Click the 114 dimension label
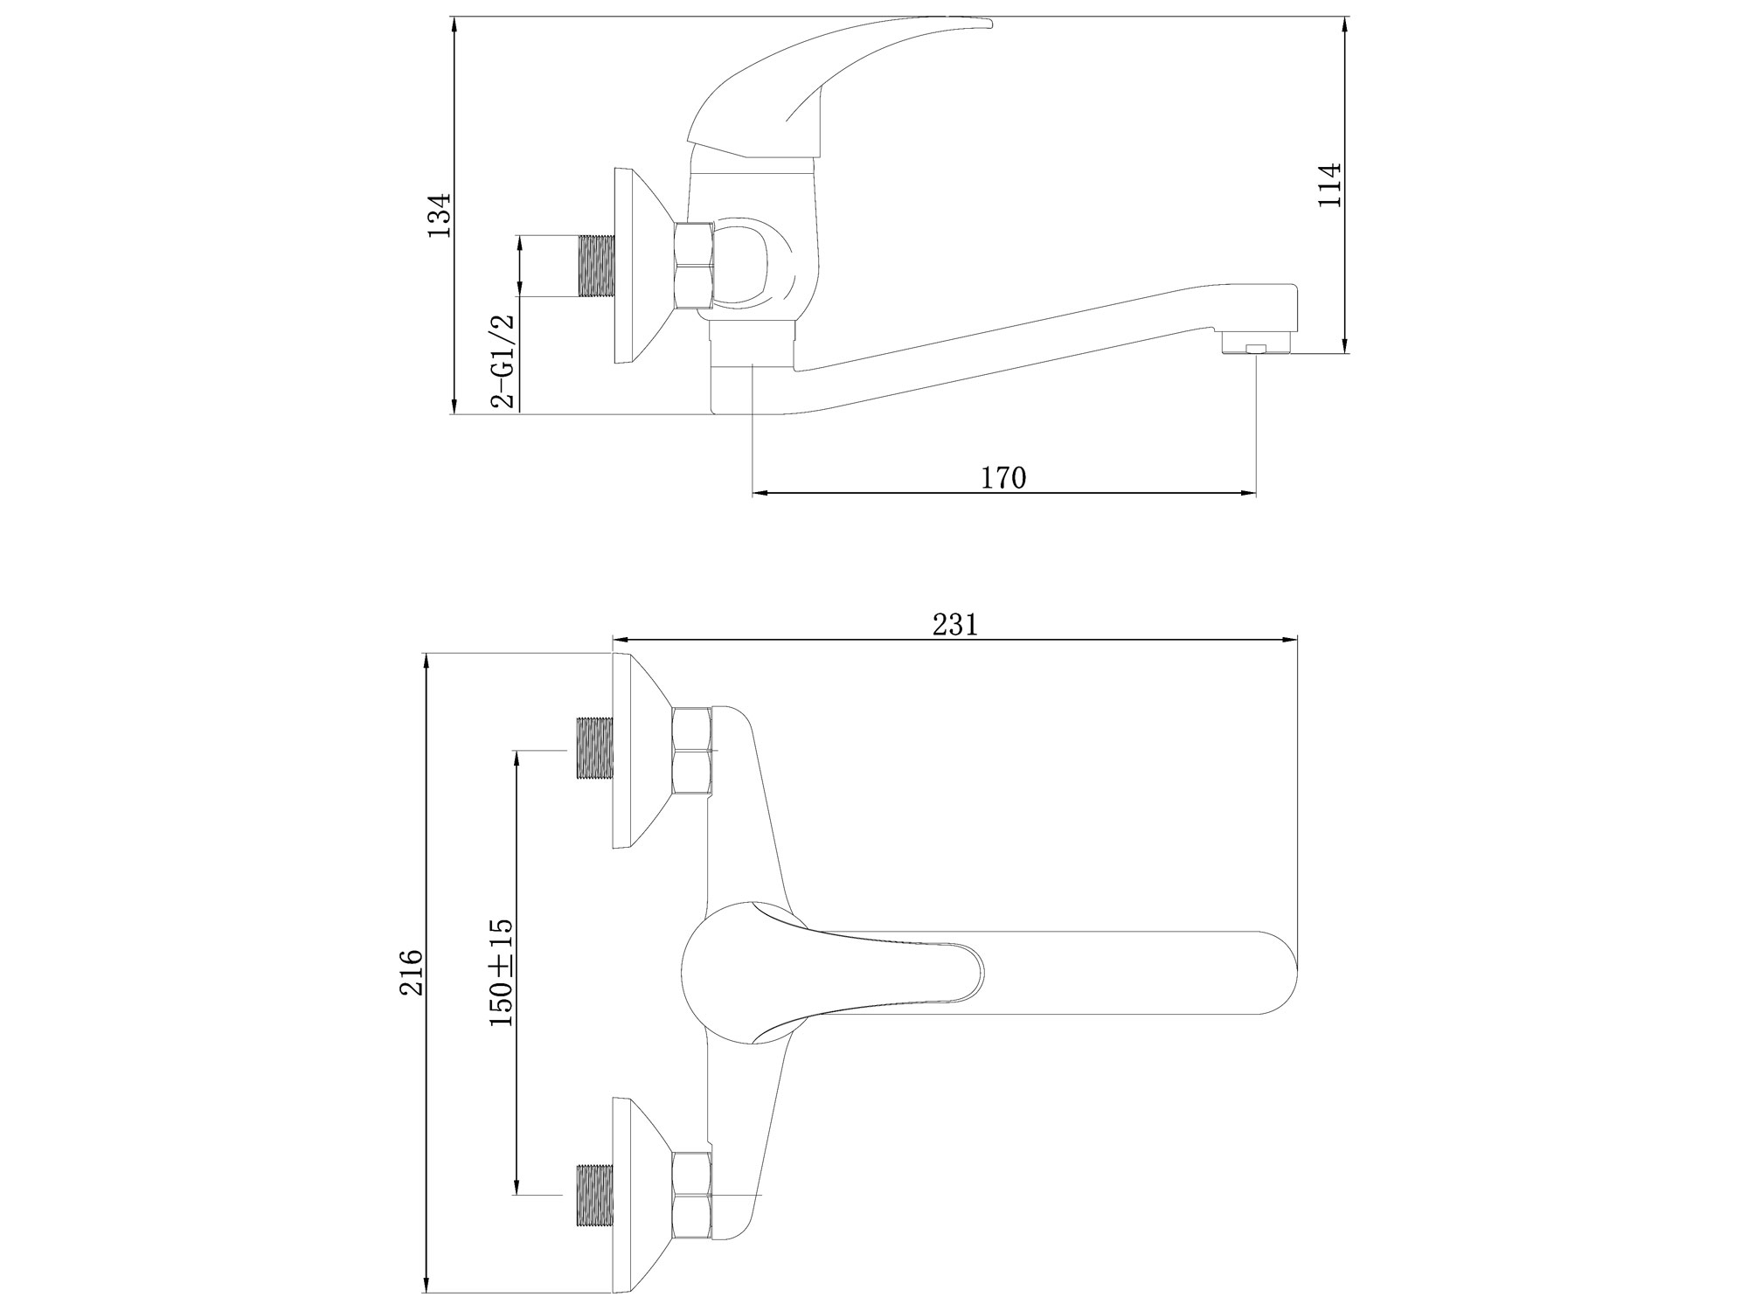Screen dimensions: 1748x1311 click(x=1328, y=209)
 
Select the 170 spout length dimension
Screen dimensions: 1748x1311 click(x=1003, y=478)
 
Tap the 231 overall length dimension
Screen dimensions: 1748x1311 click(x=954, y=624)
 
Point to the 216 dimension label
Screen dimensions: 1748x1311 click(x=412, y=973)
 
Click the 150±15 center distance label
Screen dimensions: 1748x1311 click(x=501, y=972)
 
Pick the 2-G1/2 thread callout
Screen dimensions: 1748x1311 click(x=504, y=360)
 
